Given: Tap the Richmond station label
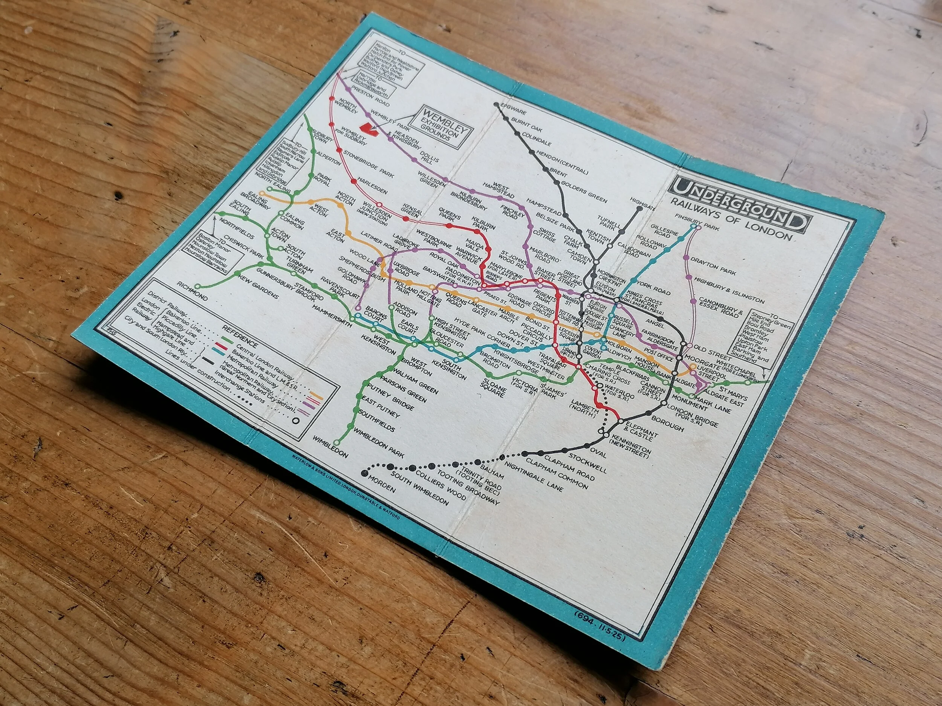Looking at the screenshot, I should [x=193, y=291].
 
